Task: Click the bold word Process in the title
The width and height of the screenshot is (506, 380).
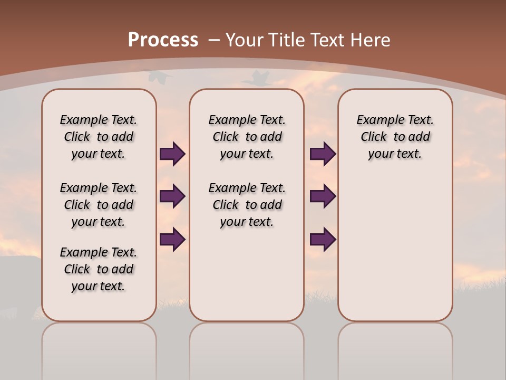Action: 163,40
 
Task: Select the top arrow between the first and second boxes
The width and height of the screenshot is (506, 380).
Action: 172,154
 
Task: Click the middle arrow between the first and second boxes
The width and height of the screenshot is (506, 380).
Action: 172,196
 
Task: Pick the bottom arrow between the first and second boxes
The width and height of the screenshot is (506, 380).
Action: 172,239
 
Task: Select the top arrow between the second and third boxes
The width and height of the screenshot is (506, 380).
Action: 323,154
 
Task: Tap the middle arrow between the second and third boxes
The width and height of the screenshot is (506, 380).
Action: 323,196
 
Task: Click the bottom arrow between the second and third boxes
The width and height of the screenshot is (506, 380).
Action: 323,239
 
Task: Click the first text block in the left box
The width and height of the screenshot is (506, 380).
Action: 99,137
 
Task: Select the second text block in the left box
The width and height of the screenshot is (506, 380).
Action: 99,205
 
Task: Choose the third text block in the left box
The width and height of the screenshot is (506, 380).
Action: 99,269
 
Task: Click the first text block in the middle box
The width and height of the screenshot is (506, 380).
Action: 247,137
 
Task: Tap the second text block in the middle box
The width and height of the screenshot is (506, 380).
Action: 247,205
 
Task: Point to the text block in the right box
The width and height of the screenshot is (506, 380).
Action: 395,137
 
